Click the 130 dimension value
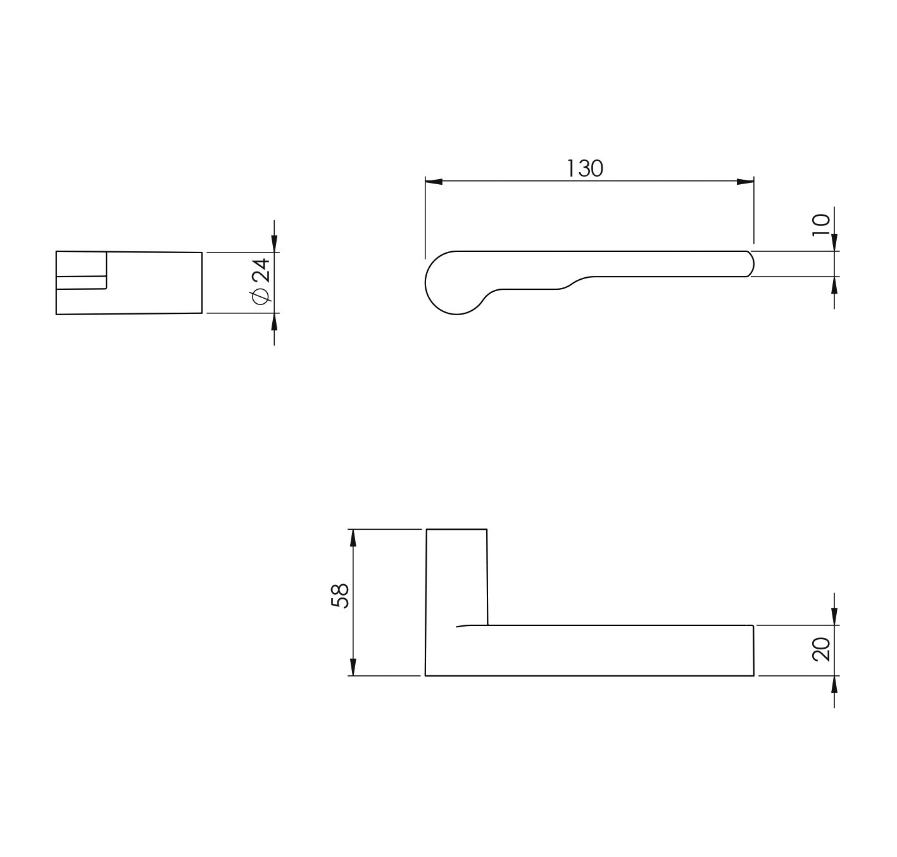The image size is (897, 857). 584,169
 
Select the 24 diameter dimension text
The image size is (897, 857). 261,271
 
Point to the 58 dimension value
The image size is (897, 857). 341,596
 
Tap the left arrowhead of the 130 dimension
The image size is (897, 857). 434,182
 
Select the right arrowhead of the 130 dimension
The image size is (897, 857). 745,182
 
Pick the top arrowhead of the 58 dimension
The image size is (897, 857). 353,538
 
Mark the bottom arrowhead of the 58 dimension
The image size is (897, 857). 353,667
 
